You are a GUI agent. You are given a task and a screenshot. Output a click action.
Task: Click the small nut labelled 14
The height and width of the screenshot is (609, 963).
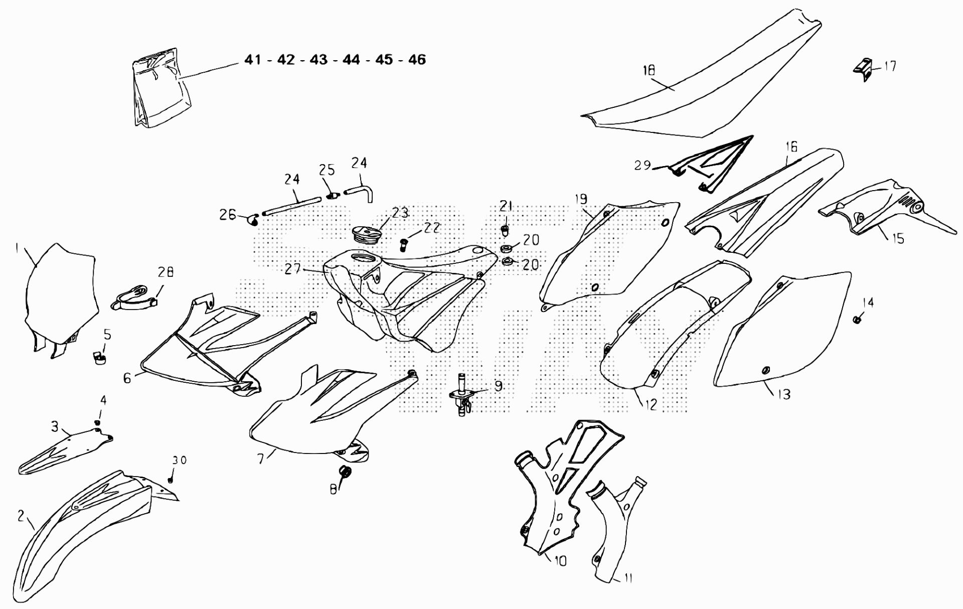point(857,319)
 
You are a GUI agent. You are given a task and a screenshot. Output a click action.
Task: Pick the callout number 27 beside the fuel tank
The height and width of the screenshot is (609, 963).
point(292,269)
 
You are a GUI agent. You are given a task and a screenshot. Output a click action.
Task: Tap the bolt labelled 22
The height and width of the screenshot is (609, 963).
point(402,245)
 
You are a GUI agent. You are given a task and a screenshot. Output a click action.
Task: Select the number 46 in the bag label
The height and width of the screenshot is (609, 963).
point(417,60)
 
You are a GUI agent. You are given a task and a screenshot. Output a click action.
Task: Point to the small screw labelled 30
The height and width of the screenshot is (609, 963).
point(171,480)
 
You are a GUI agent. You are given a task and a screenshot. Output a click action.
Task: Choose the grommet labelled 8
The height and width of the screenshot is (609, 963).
point(345,473)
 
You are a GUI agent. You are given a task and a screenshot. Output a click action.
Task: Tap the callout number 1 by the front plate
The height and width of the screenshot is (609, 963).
point(17,247)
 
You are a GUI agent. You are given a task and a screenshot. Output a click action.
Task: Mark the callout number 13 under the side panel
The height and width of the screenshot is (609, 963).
point(783,394)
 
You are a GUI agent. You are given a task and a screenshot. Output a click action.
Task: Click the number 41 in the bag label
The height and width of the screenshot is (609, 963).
point(253,60)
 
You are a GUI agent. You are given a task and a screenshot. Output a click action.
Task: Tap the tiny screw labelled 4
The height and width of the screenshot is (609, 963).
point(97,423)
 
